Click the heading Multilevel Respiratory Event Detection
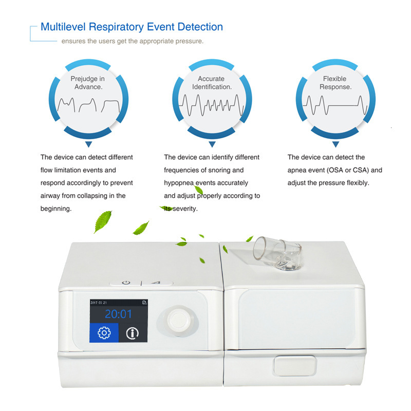point(132,27)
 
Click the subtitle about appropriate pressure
point(133,41)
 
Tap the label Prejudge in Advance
point(88,83)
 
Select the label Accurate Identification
point(212,83)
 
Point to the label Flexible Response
point(335,83)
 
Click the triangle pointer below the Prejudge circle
point(88,145)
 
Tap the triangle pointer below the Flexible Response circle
point(335,145)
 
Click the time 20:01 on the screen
point(119,314)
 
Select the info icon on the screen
point(133,333)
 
